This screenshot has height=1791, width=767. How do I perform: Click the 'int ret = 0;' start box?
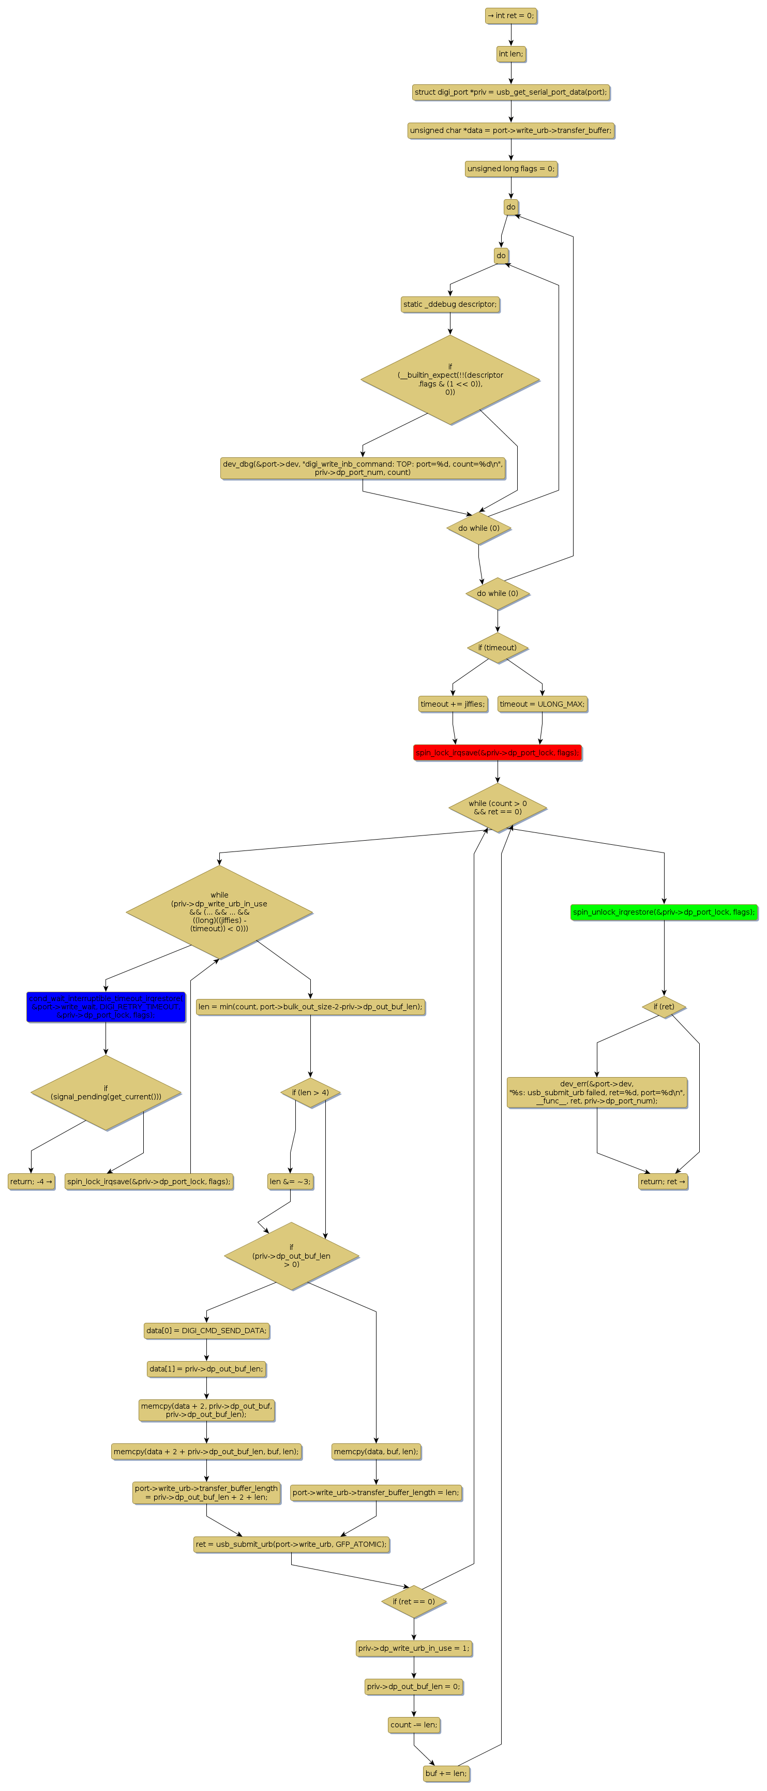[510, 16]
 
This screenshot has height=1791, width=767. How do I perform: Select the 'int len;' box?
[510, 53]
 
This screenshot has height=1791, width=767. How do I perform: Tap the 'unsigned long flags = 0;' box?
[510, 168]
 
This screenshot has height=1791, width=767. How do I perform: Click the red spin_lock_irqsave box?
[497, 752]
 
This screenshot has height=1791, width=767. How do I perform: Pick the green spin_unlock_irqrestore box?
[664, 912]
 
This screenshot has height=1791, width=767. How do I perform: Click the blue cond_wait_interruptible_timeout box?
[106, 1006]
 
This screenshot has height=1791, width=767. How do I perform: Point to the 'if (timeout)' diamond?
[497, 647]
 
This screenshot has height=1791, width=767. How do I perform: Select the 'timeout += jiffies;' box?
[452, 704]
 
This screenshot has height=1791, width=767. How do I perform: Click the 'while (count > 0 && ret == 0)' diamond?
[497, 807]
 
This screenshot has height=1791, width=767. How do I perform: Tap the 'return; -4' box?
[31, 1181]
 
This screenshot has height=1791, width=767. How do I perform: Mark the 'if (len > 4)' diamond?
[310, 1092]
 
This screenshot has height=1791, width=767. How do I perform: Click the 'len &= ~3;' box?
[290, 1181]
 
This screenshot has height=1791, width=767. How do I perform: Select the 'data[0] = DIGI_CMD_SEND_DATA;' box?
[206, 1330]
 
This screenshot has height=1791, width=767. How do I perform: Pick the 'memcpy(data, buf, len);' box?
[375, 1451]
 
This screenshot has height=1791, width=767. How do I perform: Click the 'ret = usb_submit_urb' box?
[291, 1544]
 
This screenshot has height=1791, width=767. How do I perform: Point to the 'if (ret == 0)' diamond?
[413, 1601]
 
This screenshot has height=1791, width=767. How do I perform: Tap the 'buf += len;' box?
[446, 1772]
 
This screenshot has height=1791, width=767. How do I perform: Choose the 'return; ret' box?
[662, 1181]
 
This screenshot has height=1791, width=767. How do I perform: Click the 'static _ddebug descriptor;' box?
[450, 304]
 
